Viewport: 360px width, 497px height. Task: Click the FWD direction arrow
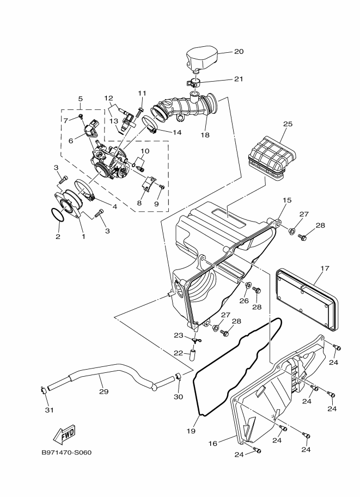pyautogui.click(x=64, y=434)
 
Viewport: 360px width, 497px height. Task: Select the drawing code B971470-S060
pyautogui.click(x=66, y=452)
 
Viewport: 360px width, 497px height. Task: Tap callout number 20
pyautogui.click(x=239, y=51)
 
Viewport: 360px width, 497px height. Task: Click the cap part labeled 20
pyautogui.click(x=201, y=59)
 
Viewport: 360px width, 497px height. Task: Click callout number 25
pyautogui.click(x=288, y=124)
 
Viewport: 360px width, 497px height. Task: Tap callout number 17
pyautogui.click(x=325, y=268)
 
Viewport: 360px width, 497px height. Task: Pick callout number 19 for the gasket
pyautogui.click(x=191, y=431)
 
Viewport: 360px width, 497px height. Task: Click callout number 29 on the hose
pyautogui.click(x=103, y=391)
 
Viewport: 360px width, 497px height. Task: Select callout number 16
pyautogui.click(x=213, y=444)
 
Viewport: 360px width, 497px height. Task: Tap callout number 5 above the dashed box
pyautogui.click(x=80, y=99)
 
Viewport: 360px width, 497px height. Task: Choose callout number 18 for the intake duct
pyautogui.click(x=205, y=134)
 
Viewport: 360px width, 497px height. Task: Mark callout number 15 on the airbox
pyautogui.click(x=287, y=200)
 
